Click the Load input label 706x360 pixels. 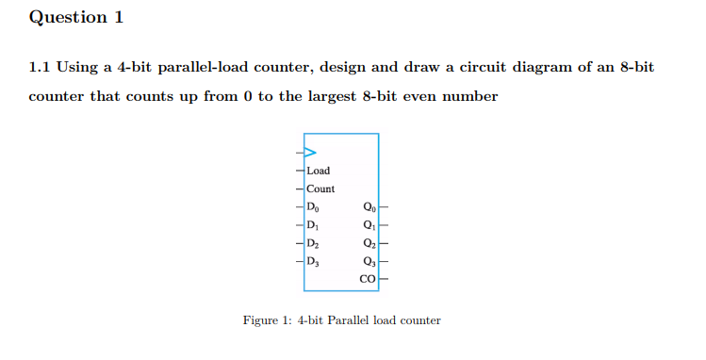point(319,171)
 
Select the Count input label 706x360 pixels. point(320,188)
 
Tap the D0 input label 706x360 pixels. point(314,206)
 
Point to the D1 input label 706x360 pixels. point(314,224)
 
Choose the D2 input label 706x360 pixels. point(314,242)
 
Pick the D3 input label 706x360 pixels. point(314,260)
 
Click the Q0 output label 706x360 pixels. point(368,206)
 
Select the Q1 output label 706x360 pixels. point(368,224)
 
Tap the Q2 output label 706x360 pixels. point(368,242)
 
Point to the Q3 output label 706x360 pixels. point(368,260)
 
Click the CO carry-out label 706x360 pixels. point(368,279)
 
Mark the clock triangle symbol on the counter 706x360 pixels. point(309,152)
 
